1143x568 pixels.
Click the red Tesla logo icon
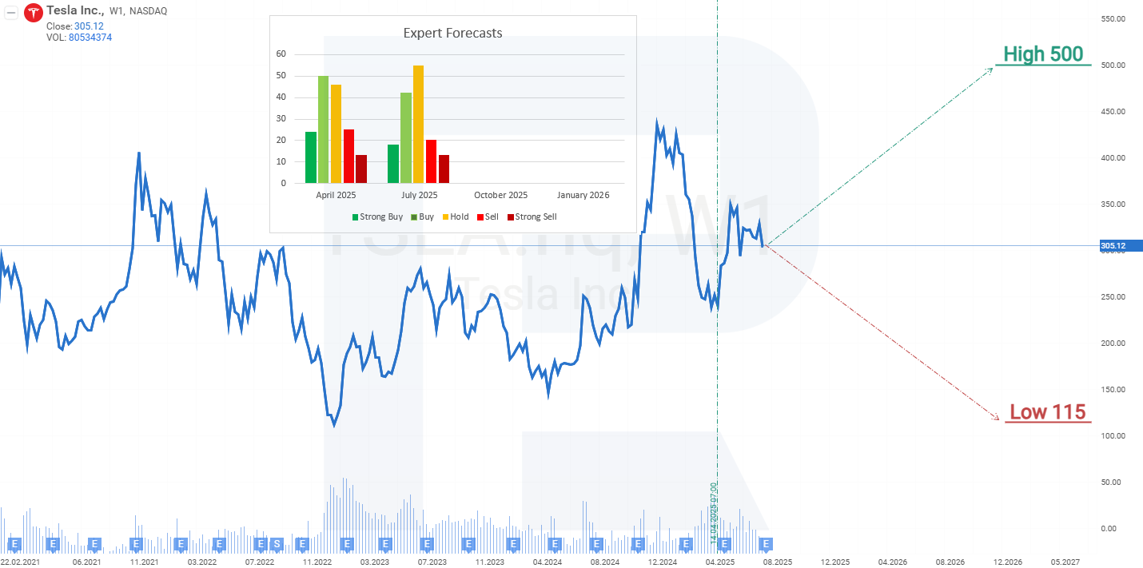34,12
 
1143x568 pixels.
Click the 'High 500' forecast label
1043,54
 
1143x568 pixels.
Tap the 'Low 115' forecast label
1047,411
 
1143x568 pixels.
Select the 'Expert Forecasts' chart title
452,33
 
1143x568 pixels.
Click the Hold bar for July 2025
418,124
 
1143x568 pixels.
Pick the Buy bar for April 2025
323,129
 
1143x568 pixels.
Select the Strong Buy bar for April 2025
310,157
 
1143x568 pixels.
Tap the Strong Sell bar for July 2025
444,169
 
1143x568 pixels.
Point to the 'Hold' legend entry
455,216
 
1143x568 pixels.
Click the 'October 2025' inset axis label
500,195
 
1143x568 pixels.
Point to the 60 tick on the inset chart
281,54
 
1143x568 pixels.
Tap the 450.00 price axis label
1113,111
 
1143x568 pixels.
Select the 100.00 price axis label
1113,435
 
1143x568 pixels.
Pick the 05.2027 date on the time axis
1065,562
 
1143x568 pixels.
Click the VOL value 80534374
90,38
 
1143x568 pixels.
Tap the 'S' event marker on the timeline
277,544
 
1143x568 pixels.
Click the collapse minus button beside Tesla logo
12,12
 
